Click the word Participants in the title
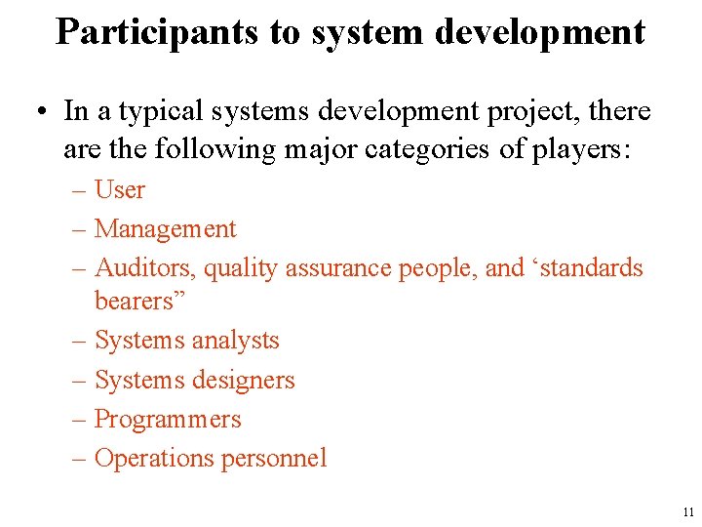pos(157,32)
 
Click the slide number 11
pos(689,511)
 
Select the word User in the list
pos(120,189)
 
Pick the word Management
pos(166,229)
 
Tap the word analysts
pos(235,341)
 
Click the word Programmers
pos(168,420)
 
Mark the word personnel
pos(279,459)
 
